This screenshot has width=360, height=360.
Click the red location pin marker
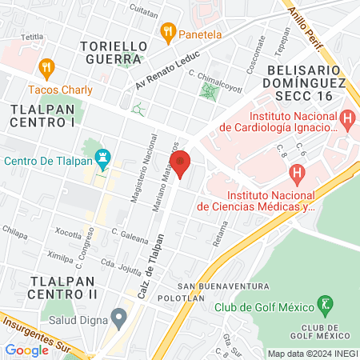(181, 163)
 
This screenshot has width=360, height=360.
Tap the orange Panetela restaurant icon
(167, 34)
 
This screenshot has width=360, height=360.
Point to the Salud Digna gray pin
(118, 318)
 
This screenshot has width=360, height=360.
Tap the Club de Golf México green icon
(326, 304)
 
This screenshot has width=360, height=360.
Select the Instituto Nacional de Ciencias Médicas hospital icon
(297, 172)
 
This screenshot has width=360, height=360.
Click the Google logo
(26, 350)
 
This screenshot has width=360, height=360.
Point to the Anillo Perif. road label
(309, 25)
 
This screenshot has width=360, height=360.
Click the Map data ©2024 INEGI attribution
(312, 354)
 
